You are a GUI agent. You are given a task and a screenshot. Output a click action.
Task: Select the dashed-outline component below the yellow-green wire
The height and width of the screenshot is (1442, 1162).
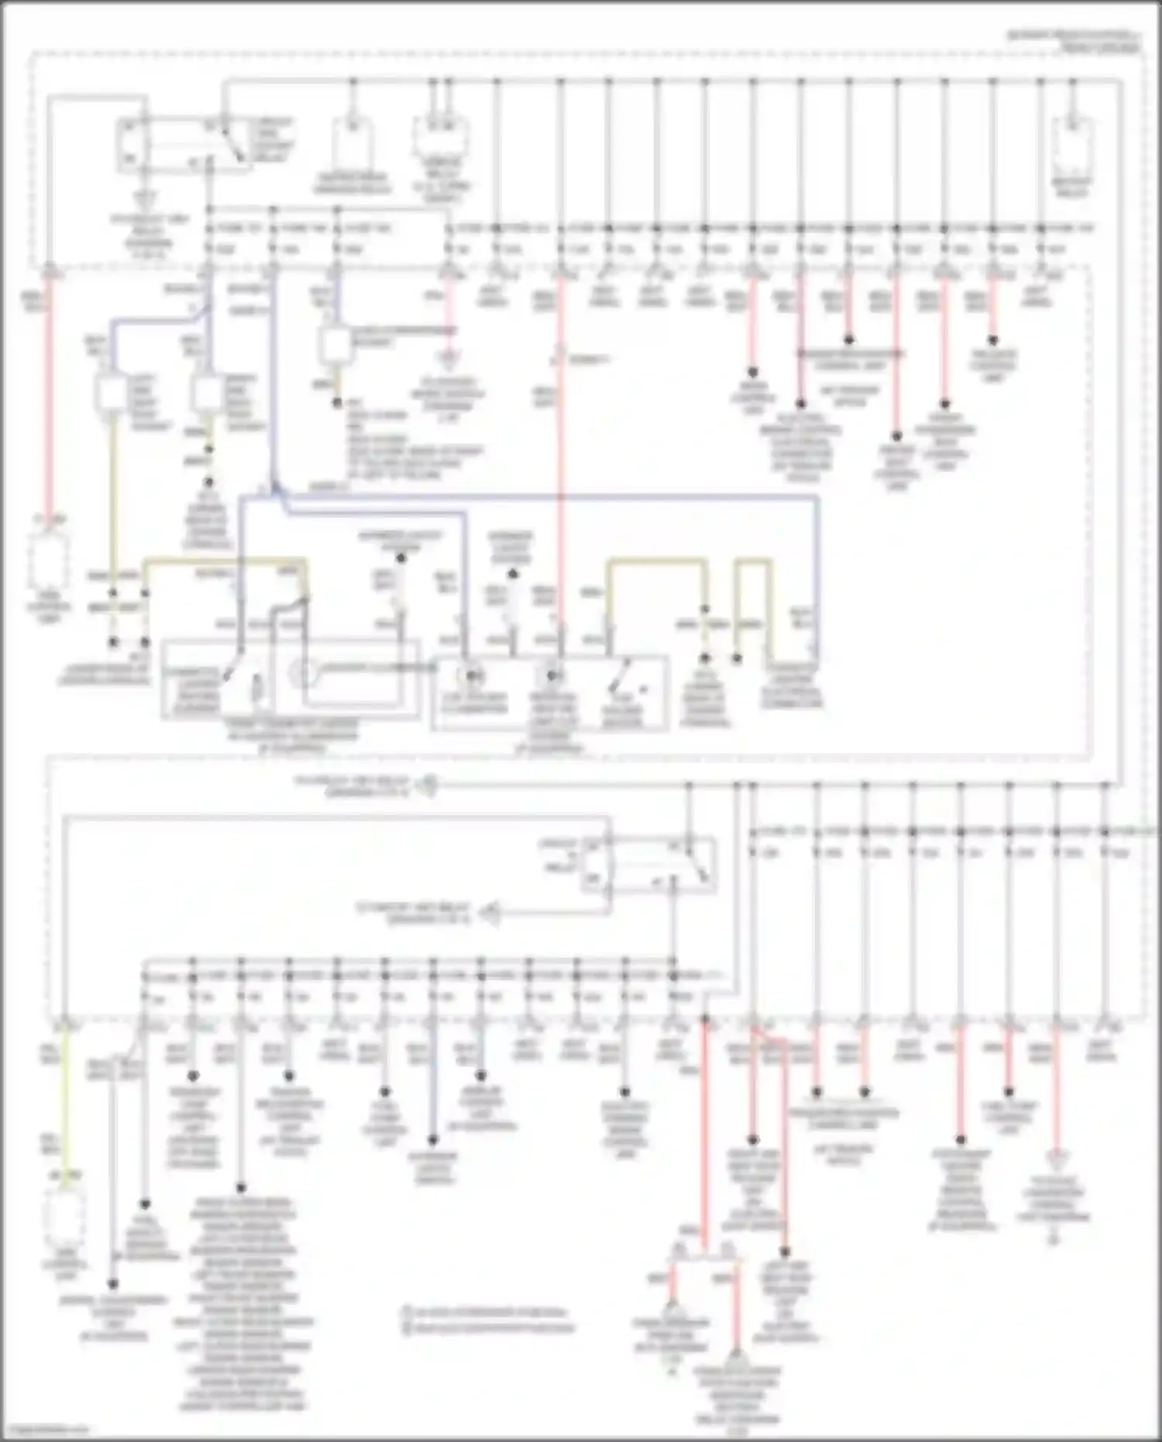(x=65, y=1220)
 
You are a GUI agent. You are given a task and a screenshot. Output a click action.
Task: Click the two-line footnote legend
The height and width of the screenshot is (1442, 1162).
(x=488, y=1320)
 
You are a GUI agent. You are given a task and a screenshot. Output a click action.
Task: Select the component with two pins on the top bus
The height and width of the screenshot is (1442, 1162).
(x=440, y=139)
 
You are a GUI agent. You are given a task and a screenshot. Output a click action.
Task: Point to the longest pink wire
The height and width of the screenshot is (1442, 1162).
(x=560, y=465)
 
